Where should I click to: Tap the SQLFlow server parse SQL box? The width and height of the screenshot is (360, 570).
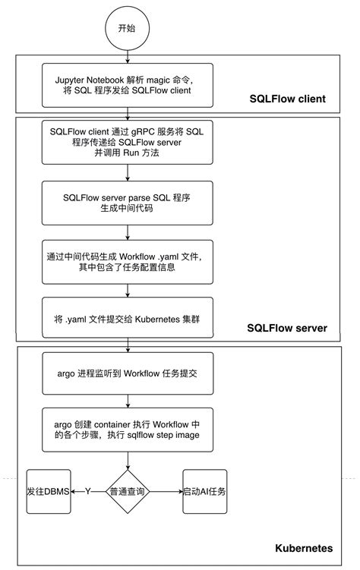pos(125,202)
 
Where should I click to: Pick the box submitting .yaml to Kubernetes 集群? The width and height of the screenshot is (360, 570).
pos(125,320)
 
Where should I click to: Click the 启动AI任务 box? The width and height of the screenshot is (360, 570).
pos(204,491)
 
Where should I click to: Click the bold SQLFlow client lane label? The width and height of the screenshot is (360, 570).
pos(288,99)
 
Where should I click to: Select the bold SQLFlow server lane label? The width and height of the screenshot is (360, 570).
pos(287,328)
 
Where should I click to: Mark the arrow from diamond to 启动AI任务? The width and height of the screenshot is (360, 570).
pos(166,491)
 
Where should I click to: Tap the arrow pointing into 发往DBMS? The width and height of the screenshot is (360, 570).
pos(79,491)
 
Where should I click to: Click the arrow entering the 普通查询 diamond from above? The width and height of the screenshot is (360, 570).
pos(125,458)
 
